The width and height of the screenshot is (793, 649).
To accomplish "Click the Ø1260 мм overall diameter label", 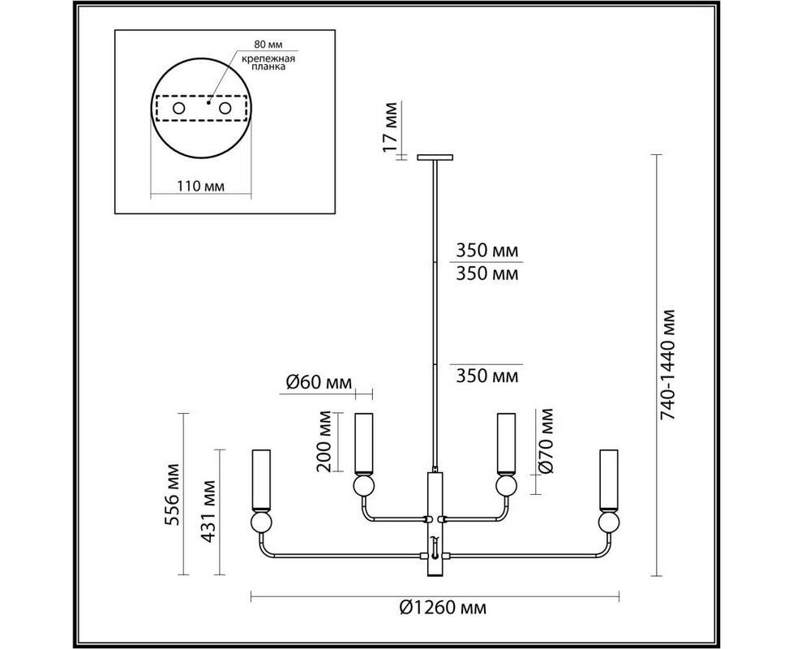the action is tap(443, 607).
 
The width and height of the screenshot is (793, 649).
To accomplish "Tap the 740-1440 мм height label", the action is tap(668, 364).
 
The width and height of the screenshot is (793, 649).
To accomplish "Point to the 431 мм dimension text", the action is tap(208, 511).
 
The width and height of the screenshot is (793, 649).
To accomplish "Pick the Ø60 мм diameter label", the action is tap(319, 382).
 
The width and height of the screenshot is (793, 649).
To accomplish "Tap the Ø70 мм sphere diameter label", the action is tap(545, 441).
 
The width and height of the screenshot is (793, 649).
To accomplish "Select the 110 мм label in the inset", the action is tap(201, 186).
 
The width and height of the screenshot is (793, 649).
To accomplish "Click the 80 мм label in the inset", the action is tap(268, 45).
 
